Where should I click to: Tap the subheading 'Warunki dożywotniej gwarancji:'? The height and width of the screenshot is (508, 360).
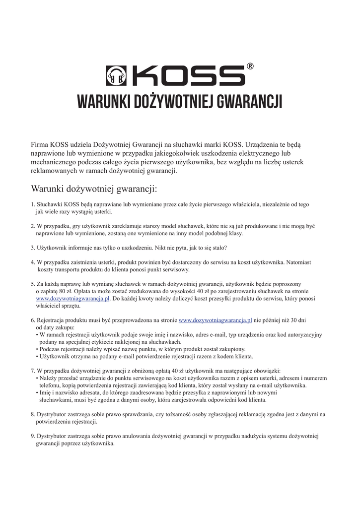point(94,189)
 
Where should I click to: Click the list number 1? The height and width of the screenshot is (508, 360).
point(32,204)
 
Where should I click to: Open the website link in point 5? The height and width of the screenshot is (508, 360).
point(72,299)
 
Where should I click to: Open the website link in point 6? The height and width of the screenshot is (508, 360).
point(215,320)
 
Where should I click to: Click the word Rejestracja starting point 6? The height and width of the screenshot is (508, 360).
point(51,320)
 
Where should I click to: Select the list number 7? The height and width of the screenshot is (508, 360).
point(32,371)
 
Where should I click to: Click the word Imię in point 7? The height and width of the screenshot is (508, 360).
point(46,392)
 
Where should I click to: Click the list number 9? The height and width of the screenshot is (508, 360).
point(32,436)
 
